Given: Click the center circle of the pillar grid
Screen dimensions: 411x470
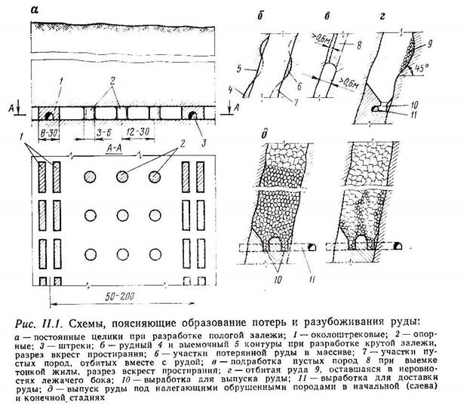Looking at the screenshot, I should (x=122, y=214).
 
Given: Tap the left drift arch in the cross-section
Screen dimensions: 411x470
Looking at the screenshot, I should (x=50, y=115).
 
